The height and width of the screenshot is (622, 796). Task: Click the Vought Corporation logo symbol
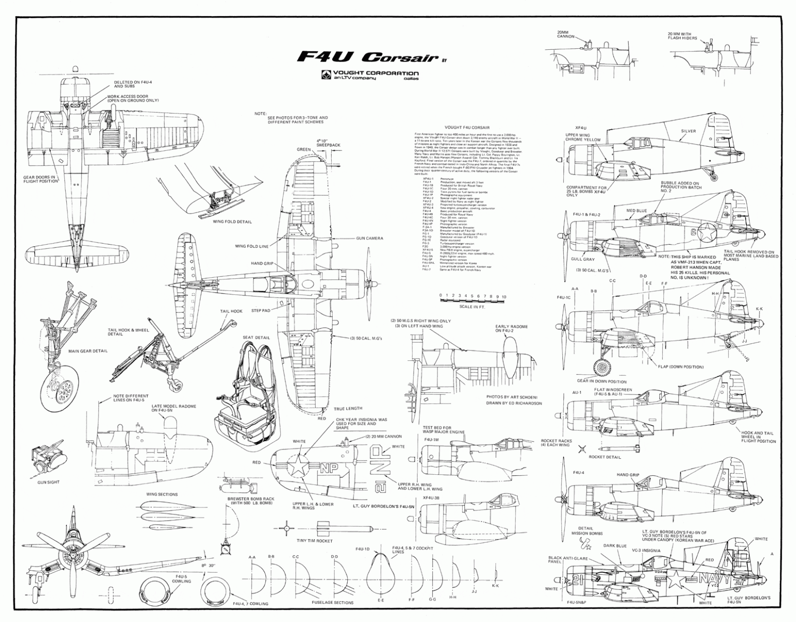(325, 75)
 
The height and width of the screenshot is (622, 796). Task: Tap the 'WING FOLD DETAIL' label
(232, 221)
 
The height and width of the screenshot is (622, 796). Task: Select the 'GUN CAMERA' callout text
(369, 238)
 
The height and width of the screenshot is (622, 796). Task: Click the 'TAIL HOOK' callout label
(231, 312)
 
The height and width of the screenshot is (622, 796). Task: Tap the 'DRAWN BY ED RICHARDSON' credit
(514, 403)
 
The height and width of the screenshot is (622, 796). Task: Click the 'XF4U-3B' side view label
(432, 497)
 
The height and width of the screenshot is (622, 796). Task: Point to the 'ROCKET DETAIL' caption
(605, 457)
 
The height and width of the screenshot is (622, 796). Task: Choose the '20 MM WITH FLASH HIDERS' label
(683, 35)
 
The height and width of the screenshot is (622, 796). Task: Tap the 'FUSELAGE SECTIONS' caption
(333, 603)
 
